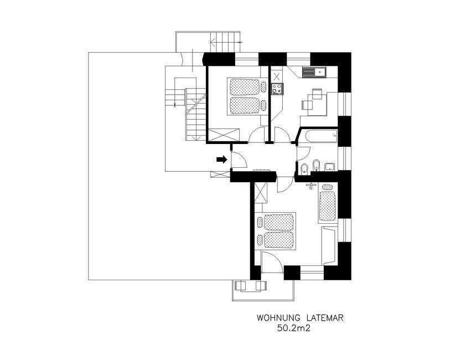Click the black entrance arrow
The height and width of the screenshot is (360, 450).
[x=221, y=160]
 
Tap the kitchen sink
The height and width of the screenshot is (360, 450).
[x=314, y=72]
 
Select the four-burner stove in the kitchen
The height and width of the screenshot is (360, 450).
[x=277, y=89]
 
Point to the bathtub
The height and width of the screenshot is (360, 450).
[x=321, y=136]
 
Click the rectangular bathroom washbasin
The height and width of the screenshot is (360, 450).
[x=330, y=167]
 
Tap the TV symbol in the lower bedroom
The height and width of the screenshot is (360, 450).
[x=311, y=185]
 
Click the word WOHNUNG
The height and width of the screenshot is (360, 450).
[x=278, y=318]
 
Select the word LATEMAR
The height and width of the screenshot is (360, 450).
[x=324, y=318]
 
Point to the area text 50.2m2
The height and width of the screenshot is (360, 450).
[x=293, y=328]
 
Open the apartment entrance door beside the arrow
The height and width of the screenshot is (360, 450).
[x=239, y=159]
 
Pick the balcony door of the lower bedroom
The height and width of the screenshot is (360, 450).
[x=272, y=262]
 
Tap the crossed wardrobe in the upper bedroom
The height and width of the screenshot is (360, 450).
[x=224, y=135]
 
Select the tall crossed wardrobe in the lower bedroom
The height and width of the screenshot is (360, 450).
[x=261, y=193]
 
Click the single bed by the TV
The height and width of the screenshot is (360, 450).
[x=327, y=203]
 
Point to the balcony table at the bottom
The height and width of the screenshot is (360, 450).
[x=250, y=286]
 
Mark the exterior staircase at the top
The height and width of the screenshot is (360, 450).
[x=225, y=42]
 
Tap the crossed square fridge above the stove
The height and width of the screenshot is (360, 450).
[x=277, y=76]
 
